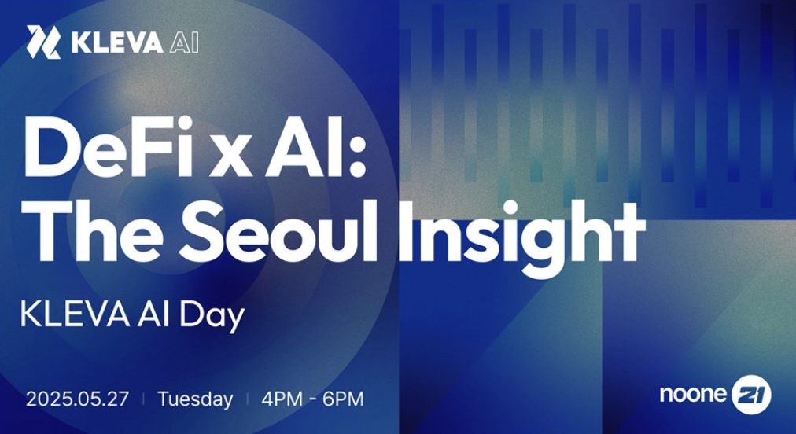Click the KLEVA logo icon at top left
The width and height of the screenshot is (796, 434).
[x=44, y=42]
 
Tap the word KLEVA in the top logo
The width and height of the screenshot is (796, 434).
[x=117, y=42]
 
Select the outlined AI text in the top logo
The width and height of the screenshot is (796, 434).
[x=184, y=42]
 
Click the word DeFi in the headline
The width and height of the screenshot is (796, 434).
[x=109, y=147]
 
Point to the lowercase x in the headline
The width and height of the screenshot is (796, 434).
[x=231, y=155]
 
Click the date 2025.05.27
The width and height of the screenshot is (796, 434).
[x=77, y=399]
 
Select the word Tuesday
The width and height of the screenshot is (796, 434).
[x=195, y=400]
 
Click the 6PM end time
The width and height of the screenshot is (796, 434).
[x=344, y=399]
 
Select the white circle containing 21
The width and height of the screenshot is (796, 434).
[x=751, y=395]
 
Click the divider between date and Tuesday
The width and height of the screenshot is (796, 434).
[x=143, y=399]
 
